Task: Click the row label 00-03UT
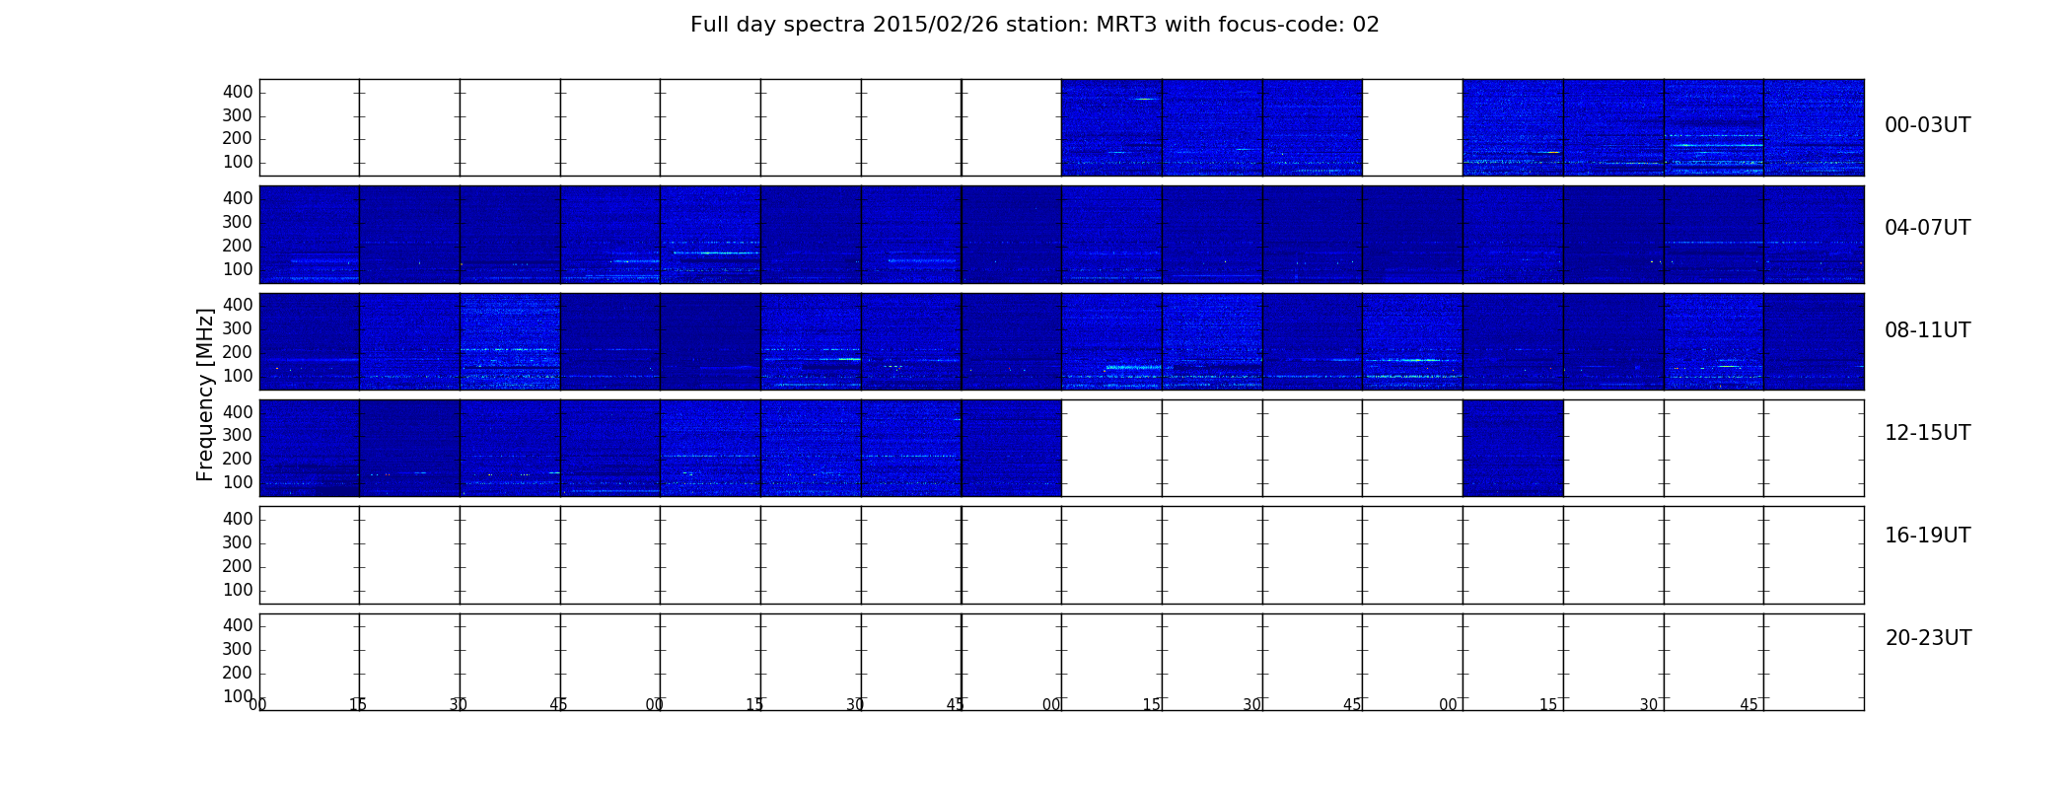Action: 1927,125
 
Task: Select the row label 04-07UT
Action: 1927,228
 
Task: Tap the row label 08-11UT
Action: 1927,330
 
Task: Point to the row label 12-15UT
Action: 1927,433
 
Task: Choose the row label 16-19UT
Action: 1927,536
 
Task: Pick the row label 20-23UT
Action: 1928,638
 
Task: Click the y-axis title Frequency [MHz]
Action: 205,394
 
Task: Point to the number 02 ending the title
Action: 1366,25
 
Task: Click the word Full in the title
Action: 708,25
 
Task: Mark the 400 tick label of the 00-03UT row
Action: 238,92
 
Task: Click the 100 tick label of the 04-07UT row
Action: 238,269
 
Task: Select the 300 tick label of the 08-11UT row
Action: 238,328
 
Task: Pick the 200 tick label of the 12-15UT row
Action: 238,459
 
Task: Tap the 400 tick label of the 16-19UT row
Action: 238,519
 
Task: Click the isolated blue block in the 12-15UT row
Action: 1513,448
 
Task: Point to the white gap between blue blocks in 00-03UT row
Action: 1412,127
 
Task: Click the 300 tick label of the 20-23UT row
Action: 238,649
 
